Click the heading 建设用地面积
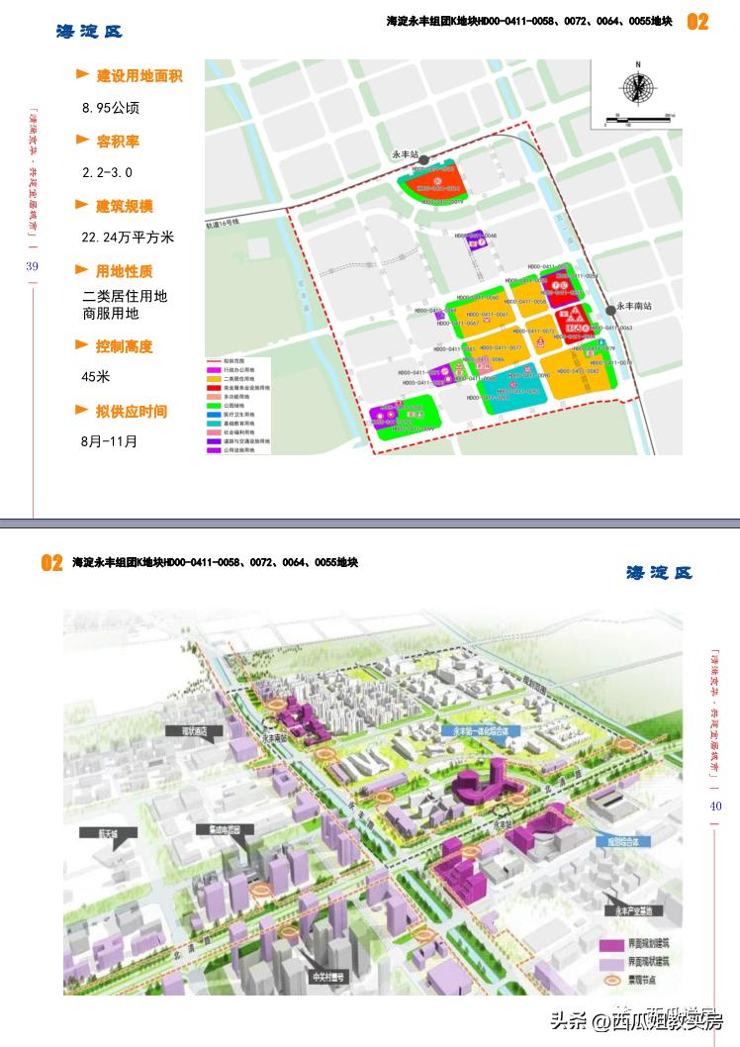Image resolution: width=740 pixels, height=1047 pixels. tap(139, 75)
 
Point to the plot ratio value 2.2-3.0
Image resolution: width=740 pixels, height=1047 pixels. tap(107, 172)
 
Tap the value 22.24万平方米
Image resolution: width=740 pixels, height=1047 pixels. tap(128, 238)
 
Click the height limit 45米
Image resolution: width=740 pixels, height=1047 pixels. tap(96, 377)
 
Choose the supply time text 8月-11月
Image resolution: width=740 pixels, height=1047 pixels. tap(110, 441)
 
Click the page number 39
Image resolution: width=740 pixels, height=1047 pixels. tap(32, 266)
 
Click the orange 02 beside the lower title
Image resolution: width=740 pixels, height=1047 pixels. tap(52, 563)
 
